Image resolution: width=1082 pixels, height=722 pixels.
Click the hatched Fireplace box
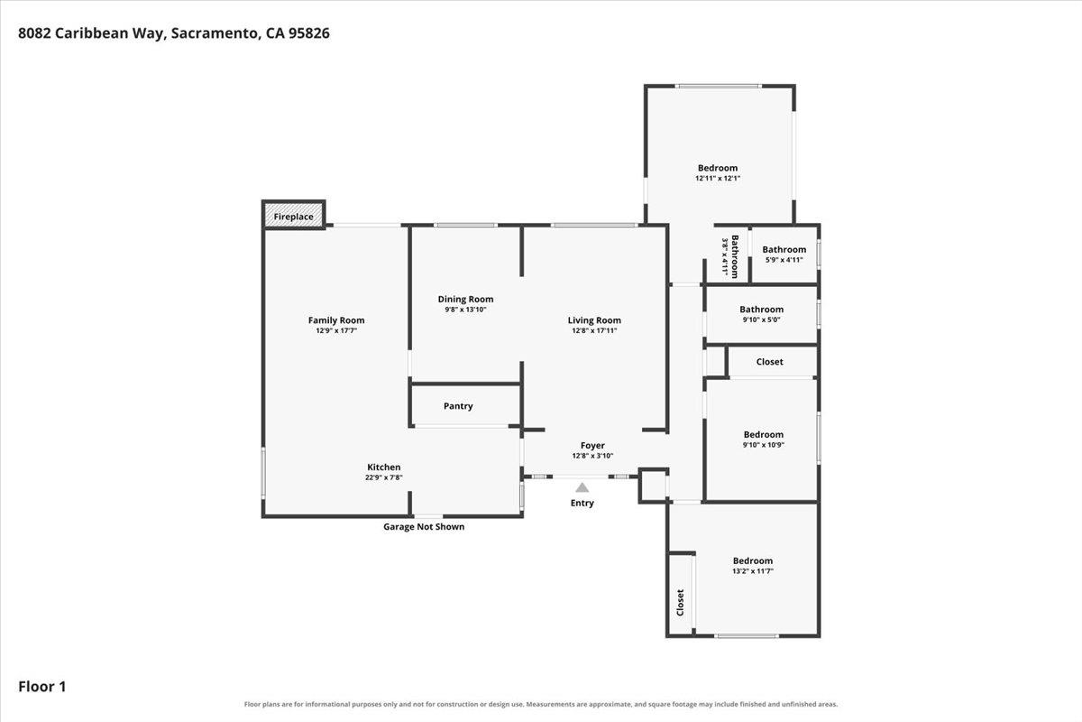pos(294,215)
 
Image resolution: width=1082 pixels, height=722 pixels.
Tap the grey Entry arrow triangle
pos(582,487)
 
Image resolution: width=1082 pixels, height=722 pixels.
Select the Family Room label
pos(336,320)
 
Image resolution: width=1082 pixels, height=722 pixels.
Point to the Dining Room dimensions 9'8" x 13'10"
pos(465,310)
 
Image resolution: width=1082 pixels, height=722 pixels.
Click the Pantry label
pos(458,406)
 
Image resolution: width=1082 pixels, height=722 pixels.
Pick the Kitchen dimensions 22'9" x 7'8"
pos(384,477)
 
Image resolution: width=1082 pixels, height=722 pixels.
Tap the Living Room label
pos(594,320)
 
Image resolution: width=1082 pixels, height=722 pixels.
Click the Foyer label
pos(592,446)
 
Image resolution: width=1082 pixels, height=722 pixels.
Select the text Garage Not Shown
pos(424,527)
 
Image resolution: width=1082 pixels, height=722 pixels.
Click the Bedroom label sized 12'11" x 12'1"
pos(718,168)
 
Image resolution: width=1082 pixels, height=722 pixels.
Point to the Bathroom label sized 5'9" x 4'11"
pos(784,249)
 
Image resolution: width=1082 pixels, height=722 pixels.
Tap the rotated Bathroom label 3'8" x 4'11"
pos(735,257)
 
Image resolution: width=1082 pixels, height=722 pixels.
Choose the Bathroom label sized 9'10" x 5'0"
pos(761,310)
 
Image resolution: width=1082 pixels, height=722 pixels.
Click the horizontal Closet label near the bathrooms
pos(769,362)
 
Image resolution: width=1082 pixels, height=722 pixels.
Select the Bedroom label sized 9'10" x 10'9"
pos(763,435)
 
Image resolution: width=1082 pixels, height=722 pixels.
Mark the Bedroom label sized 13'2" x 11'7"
pos(753,561)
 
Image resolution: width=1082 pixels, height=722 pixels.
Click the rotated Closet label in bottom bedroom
pos(680,603)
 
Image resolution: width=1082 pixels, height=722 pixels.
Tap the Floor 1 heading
pos(42,687)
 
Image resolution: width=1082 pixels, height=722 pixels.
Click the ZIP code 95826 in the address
pos(309,33)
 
